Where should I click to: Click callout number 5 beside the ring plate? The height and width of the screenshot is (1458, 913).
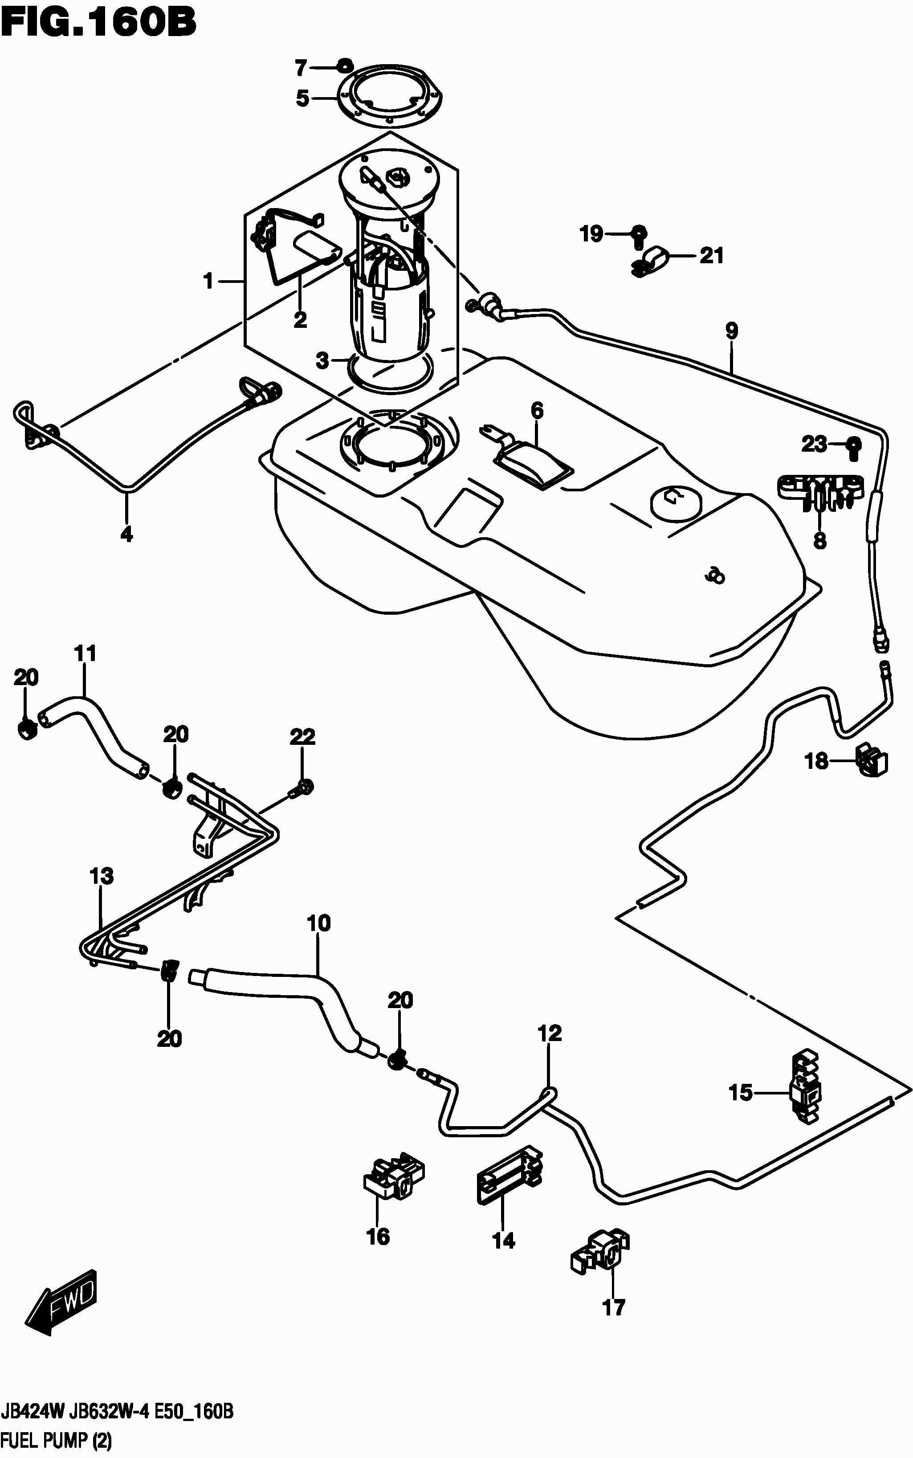[x=302, y=98]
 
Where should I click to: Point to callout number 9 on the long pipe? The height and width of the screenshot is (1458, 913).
[x=731, y=331]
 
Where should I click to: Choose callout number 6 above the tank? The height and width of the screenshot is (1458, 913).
[x=537, y=411]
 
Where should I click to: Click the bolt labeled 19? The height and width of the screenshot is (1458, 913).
[x=638, y=234]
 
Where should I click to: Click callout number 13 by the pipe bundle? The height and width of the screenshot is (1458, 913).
[x=102, y=876]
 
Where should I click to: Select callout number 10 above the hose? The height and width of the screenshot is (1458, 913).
[x=319, y=923]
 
